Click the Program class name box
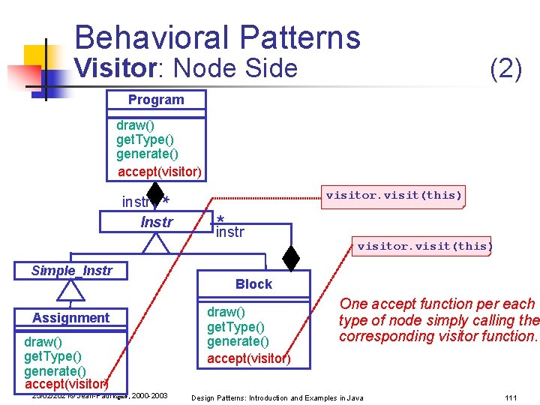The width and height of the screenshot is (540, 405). click(156, 100)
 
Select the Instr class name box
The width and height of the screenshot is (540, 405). click(156, 222)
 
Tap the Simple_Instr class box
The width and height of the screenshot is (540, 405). click(71, 271)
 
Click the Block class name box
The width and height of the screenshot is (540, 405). click(253, 284)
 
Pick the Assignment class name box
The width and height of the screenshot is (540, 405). click(70, 318)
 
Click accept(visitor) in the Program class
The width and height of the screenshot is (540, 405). click(160, 172)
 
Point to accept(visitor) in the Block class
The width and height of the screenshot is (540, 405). click(248, 358)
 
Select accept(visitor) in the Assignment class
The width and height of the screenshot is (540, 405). click(66, 385)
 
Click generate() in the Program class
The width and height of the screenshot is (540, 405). click(147, 154)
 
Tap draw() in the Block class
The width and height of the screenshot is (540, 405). click(226, 311)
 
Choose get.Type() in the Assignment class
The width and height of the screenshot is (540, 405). click(52, 356)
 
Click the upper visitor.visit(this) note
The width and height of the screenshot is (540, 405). click(394, 196)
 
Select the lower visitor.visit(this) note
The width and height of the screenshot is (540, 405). click(424, 246)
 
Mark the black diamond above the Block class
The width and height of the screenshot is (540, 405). click(291, 258)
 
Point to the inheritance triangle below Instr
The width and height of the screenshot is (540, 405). click(157, 242)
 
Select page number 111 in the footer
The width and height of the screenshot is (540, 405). click(511, 397)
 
